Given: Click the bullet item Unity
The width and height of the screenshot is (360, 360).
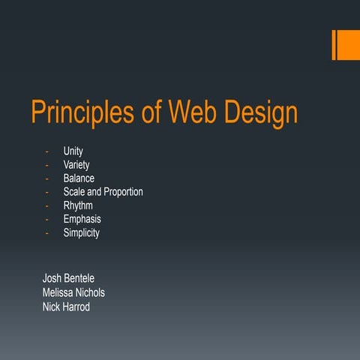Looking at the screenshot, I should coord(73,151).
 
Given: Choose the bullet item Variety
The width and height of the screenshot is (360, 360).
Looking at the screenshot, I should coord(76,165).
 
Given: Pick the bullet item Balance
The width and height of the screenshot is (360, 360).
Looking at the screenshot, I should coord(79,178).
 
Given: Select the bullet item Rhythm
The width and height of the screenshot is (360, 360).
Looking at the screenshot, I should coord(79,205).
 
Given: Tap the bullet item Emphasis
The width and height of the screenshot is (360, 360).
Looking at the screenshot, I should coord(82,219).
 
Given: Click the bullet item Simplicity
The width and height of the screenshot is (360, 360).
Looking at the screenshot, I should coord(81,232).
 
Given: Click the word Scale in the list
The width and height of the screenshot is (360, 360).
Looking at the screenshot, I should coord(75,192).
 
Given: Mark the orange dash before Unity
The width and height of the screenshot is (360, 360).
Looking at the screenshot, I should coord(46,151).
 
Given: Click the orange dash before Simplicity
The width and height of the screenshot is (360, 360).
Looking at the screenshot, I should coord(46,232).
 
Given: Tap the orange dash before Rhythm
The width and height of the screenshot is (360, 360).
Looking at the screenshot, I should coord(46,205).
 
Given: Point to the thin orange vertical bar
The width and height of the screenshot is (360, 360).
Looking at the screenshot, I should coord(334,45).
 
